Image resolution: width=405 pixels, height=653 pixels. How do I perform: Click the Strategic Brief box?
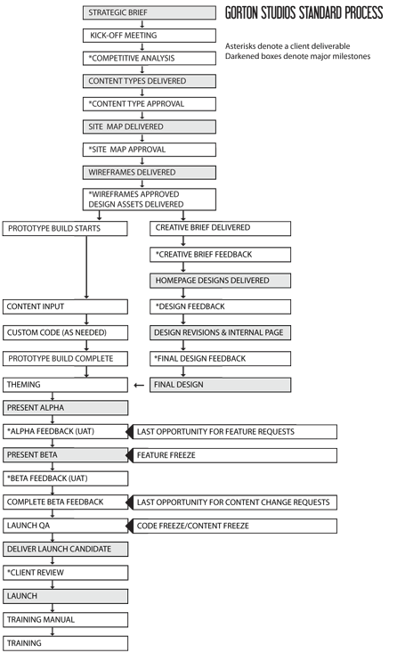click(x=150, y=12)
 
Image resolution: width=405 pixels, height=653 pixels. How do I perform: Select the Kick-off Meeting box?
click(x=150, y=36)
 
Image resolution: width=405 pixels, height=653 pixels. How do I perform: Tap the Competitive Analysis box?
click(x=150, y=58)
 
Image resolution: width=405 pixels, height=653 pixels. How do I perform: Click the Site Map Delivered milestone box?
click(x=150, y=127)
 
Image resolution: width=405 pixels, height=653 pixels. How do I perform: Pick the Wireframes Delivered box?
click(x=150, y=172)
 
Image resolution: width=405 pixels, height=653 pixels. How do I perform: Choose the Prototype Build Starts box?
click(x=65, y=229)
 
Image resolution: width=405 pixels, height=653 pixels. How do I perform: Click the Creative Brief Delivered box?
click(x=220, y=228)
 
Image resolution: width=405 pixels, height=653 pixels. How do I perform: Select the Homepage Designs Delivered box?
click(x=220, y=281)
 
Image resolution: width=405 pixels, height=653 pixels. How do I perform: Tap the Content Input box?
click(x=65, y=307)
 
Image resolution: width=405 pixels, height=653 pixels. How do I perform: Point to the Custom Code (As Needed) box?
click(x=65, y=333)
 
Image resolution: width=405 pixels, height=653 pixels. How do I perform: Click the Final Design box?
click(x=220, y=385)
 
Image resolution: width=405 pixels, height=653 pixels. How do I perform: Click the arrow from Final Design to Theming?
click(x=138, y=386)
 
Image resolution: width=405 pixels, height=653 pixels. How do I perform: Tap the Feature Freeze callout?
click(x=235, y=455)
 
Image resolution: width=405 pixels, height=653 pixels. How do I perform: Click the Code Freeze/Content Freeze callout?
click(x=235, y=526)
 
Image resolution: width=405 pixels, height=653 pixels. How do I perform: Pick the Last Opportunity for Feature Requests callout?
click(x=235, y=432)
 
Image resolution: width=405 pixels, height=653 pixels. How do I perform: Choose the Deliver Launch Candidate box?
click(x=65, y=550)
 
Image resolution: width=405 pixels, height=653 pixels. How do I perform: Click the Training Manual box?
click(x=65, y=619)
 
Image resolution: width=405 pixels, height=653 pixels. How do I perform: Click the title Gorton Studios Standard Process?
click(x=304, y=13)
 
